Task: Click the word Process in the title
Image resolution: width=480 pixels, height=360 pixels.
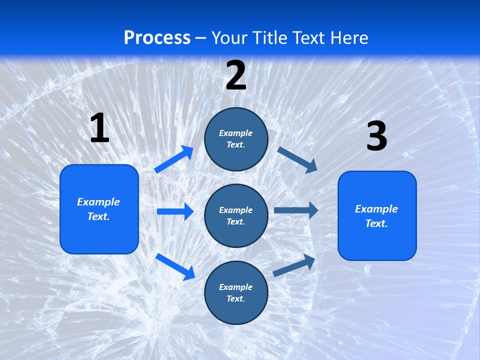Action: pos(157,38)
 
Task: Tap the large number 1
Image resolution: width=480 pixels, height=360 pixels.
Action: pos(99,128)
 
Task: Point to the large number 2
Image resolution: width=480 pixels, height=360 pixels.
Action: pos(236,75)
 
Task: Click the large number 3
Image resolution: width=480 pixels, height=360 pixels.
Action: pos(376,136)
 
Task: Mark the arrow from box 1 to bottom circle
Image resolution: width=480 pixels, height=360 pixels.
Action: pos(175,266)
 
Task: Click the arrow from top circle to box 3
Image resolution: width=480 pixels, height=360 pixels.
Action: pos(297,159)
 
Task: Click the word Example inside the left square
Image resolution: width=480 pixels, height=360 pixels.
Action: pos(98,202)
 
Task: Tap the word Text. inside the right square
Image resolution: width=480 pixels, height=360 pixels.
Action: pos(376,223)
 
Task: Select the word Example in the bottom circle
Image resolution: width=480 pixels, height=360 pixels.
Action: pos(236,287)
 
